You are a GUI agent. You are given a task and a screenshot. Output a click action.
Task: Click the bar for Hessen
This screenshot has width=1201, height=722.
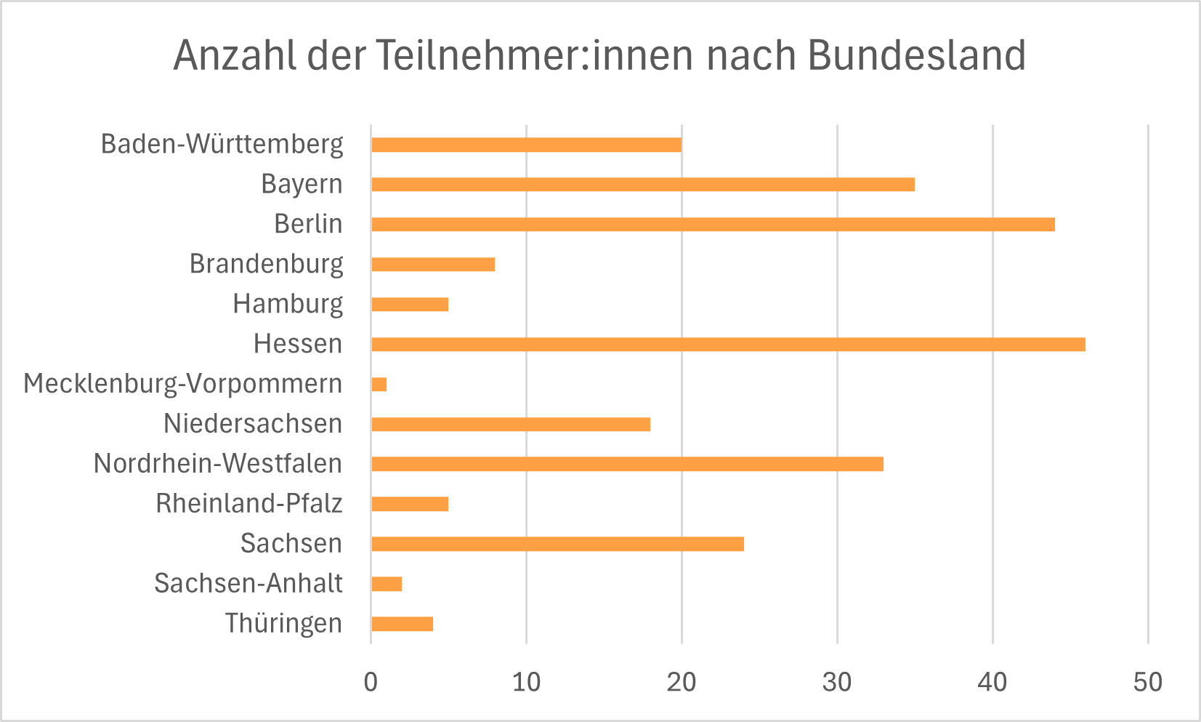pos(728,344)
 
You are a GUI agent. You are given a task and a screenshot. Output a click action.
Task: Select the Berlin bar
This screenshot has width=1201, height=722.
pos(713,224)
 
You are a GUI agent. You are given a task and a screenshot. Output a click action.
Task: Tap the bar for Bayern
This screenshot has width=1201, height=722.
pos(642,184)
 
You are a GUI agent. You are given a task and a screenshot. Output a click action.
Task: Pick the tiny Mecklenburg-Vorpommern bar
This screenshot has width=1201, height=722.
pos(379,384)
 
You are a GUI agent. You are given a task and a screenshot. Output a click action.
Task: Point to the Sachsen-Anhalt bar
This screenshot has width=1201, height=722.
pos(387,584)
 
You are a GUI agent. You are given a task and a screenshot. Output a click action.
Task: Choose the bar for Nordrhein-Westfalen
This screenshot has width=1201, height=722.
pos(627,464)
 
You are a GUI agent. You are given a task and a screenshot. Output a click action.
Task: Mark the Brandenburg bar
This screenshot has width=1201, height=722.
pos(433,264)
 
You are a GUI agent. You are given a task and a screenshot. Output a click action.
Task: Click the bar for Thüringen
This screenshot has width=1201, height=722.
pos(402,624)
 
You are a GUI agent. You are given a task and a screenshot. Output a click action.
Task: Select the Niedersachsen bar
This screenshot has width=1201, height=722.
pos(511,424)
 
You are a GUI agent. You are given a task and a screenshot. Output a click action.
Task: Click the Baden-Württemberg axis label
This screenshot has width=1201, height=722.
pos(222,144)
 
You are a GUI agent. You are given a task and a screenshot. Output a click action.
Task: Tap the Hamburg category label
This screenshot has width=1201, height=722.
pos(288,304)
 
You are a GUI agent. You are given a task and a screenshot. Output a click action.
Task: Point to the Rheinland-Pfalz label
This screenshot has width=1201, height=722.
pos(248,503)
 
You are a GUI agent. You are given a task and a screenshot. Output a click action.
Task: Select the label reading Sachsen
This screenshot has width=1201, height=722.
pos(291,543)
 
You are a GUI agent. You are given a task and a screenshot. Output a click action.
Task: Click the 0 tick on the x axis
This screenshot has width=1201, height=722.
pos(371,682)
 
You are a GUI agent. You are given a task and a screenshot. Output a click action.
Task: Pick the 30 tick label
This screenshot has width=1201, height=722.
pos(837,682)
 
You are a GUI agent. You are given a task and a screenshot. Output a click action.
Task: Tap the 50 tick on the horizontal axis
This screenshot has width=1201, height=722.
pos(1148,682)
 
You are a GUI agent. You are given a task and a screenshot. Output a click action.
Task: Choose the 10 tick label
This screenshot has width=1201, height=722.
pos(526,682)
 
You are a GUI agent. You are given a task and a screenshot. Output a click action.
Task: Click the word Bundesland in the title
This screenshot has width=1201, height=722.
pos(916,55)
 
